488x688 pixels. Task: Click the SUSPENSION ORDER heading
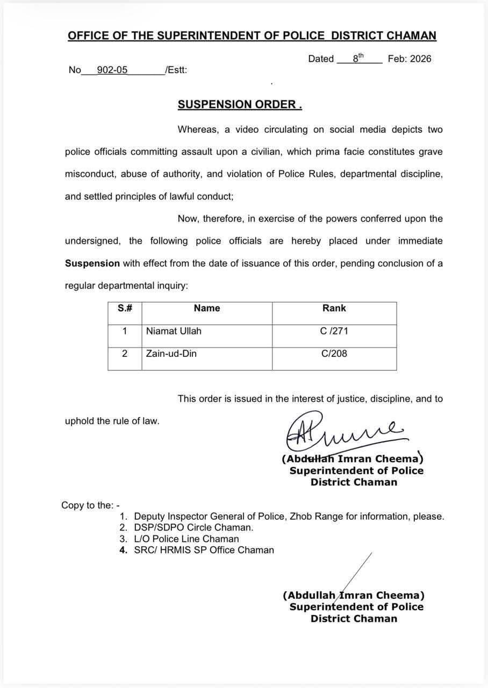(240, 104)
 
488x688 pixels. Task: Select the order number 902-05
(112, 70)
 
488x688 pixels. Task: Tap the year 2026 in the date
(420, 59)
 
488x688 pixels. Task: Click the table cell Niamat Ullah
(174, 331)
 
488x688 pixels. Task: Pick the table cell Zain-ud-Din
(171, 354)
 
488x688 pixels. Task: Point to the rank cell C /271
(334, 331)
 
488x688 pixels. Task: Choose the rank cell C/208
(334, 354)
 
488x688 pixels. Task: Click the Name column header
(207, 308)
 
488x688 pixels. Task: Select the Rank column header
(334, 308)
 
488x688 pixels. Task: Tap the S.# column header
(125, 308)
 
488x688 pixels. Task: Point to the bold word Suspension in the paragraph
(92, 263)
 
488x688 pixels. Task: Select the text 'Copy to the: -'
(90, 505)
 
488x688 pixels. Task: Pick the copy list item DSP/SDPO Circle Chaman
(193, 528)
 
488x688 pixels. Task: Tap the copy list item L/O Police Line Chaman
(186, 539)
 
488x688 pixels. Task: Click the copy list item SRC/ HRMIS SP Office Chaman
(204, 550)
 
